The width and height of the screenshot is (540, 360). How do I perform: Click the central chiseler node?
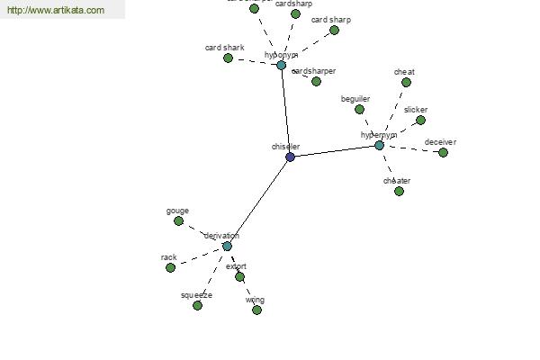pyautogui.click(x=290, y=157)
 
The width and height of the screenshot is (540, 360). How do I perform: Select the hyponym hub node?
pyautogui.click(x=281, y=65)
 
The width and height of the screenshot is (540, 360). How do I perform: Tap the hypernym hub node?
pyautogui.click(x=379, y=145)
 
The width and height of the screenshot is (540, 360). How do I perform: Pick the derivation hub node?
pyautogui.click(x=227, y=246)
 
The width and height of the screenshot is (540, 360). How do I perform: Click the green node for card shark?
pyautogui.click(x=229, y=58)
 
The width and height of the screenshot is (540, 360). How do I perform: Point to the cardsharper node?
pyautogui.click(x=316, y=81)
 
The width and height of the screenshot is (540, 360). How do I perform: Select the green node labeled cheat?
pyautogui.click(x=406, y=82)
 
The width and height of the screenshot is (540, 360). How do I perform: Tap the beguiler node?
pyautogui.click(x=359, y=109)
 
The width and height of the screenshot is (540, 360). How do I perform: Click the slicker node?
pyautogui.click(x=420, y=120)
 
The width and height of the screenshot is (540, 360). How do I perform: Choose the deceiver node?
pyautogui.click(x=443, y=152)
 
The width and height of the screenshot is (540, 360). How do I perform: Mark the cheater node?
pyautogui.click(x=399, y=191)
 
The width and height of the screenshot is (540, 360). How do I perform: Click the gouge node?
pyautogui.click(x=178, y=220)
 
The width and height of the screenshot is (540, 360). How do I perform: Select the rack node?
pyautogui.click(x=170, y=267)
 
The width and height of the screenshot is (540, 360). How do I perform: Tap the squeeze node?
pyautogui.click(x=197, y=305)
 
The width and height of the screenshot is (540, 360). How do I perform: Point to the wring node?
pyautogui.click(x=256, y=310)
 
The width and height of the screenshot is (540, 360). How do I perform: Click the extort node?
pyautogui.click(x=239, y=276)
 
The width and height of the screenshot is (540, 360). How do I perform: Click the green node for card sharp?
pyautogui.click(x=334, y=30)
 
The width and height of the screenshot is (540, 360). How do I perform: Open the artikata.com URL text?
pyautogui.click(x=56, y=11)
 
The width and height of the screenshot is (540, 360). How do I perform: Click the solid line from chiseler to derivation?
pyautogui.click(x=258, y=202)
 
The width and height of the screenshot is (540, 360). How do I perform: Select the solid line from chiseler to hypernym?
pyautogui.click(x=335, y=151)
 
